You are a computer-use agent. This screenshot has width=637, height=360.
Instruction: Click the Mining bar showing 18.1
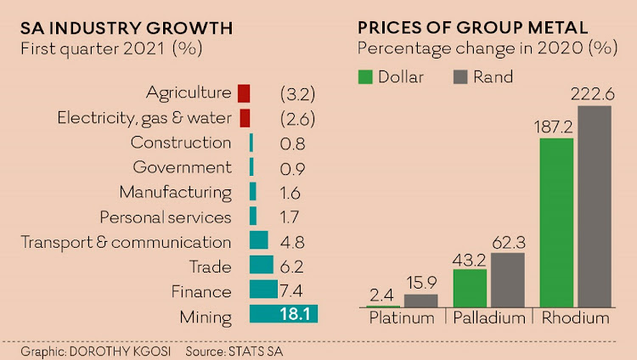(283, 314)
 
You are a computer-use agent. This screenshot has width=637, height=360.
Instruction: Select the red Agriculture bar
(244, 93)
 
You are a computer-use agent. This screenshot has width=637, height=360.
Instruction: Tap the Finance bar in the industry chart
(263, 290)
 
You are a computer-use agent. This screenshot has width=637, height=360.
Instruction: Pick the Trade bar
(261, 265)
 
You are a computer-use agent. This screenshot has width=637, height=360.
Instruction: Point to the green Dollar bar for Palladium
(470, 288)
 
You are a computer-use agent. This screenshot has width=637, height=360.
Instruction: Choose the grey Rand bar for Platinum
(420, 300)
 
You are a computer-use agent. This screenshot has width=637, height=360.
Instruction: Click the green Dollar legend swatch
(366, 77)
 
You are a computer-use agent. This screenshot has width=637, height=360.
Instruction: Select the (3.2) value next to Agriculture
(297, 93)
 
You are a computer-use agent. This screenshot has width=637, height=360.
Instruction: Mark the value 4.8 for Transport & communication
(292, 242)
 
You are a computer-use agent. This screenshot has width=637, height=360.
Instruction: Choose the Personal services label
(166, 217)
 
